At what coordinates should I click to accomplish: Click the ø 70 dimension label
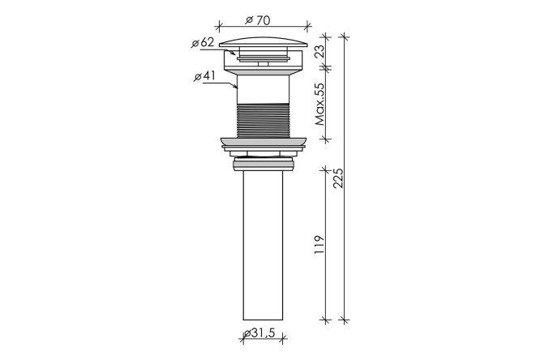click(x=258, y=20)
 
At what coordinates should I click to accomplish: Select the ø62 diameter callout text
click(x=203, y=43)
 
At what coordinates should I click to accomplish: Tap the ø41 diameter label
click(x=204, y=75)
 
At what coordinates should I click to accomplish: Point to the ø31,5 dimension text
click(x=259, y=332)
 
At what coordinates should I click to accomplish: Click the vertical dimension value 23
click(x=320, y=51)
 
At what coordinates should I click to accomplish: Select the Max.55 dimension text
click(x=320, y=104)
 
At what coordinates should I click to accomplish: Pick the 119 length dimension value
click(x=319, y=245)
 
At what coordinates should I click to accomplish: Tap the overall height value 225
click(x=338, y=178)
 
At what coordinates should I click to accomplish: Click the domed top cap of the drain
click(x=264, y=42)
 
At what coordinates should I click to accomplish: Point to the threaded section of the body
click(x=264, y=121)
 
